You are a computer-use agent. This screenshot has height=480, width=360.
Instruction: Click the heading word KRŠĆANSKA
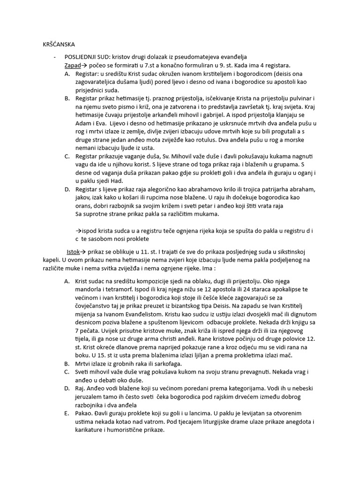[60, 45]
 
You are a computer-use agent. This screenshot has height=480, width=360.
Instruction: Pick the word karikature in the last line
[91, 431]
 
